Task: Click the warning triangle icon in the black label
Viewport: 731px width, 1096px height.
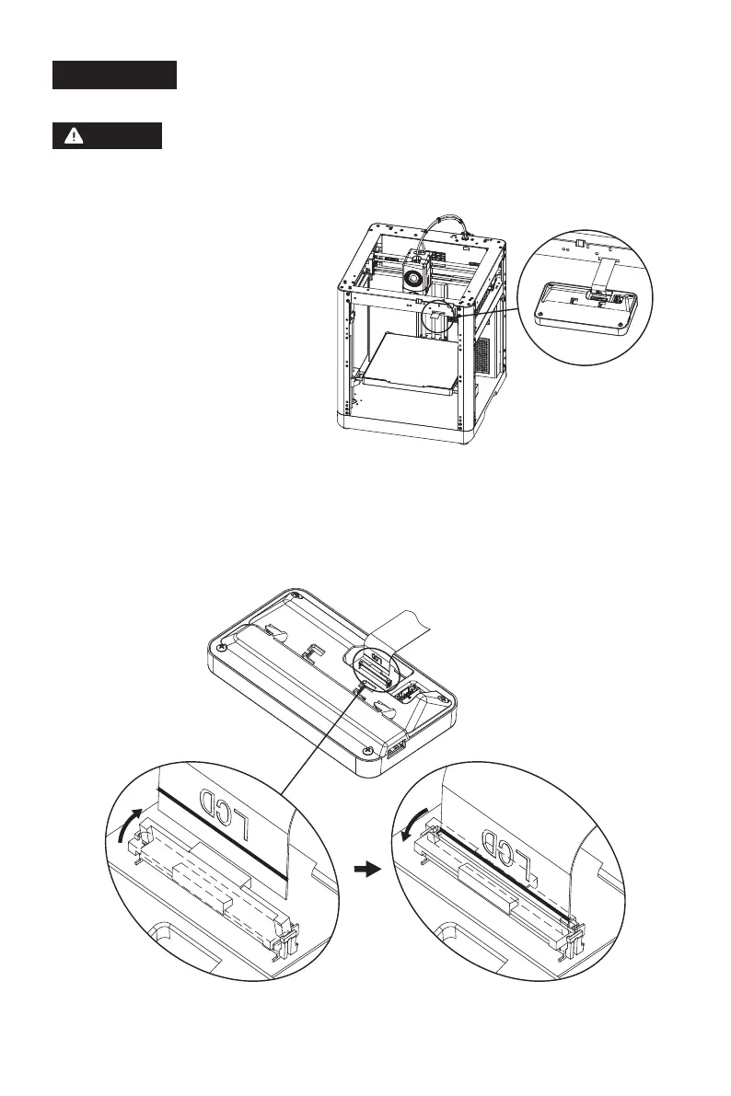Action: pos(70,136)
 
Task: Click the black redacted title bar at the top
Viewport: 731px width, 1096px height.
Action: pos(113,75)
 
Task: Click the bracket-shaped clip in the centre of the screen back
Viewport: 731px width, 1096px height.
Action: pos(313,655)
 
